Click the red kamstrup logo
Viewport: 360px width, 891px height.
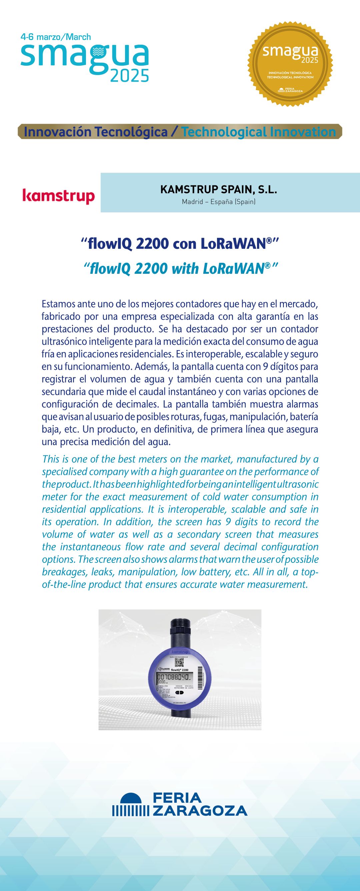point(58,196)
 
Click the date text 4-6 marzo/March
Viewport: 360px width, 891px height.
point(56,37)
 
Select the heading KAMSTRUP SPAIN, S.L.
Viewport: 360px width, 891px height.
point(219,190)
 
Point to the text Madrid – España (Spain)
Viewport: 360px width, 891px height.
point(219,201)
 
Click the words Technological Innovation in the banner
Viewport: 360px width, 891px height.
point(259,132)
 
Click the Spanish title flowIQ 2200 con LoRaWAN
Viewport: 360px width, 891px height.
point(179,244)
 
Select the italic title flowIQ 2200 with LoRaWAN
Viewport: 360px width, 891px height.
point(179,268)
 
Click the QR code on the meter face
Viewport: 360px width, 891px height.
point(179,662)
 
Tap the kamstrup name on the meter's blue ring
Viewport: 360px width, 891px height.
point(179,652)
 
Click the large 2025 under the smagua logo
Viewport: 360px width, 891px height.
point(129,76)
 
